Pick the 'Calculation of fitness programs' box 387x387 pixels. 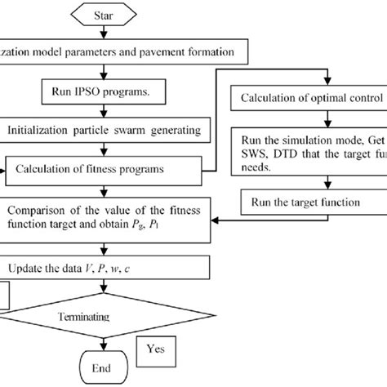(102, 169)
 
